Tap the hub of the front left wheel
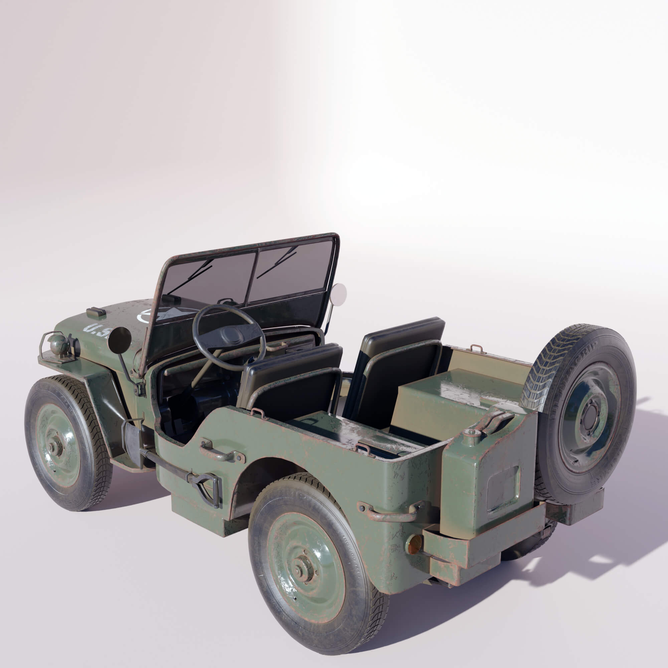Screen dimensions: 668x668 point(55,447)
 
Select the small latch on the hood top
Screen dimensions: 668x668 point(96,312)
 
